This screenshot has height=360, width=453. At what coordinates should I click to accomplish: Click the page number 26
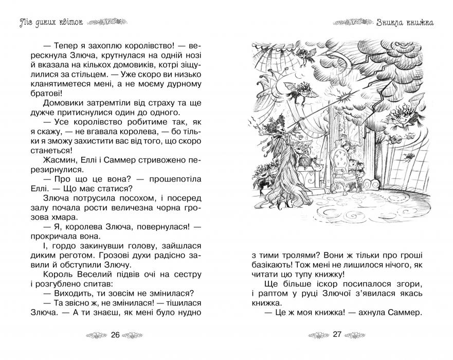[115, 335]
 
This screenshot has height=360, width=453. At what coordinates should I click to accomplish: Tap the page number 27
[337, 335]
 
